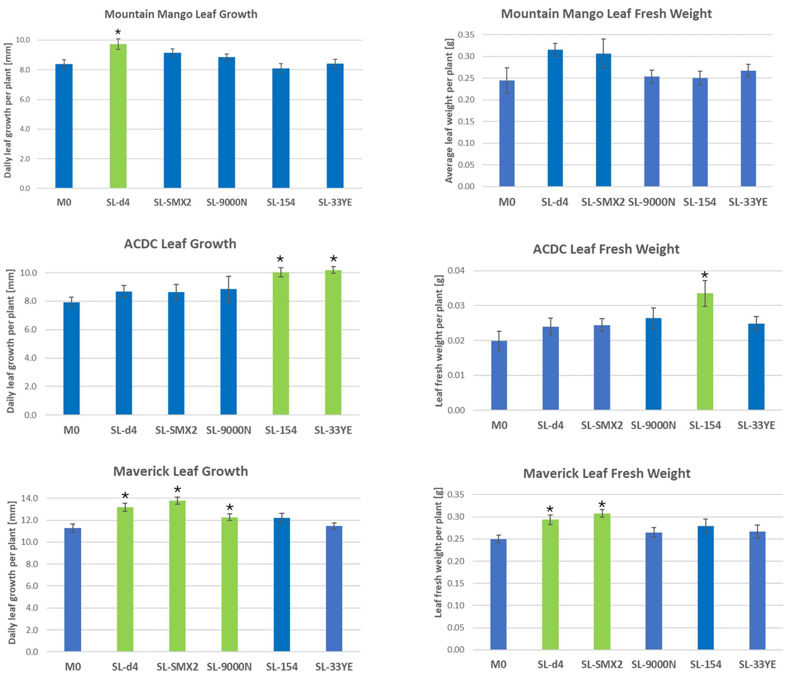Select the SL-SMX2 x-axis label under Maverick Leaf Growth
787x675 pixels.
pos(177,667)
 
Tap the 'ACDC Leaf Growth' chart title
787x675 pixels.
pos(180,244)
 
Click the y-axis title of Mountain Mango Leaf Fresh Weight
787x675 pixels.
pos(449,110)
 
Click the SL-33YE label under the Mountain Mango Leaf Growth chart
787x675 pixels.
pos(335,202)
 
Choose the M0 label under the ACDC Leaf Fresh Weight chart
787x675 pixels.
pos(499,425)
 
